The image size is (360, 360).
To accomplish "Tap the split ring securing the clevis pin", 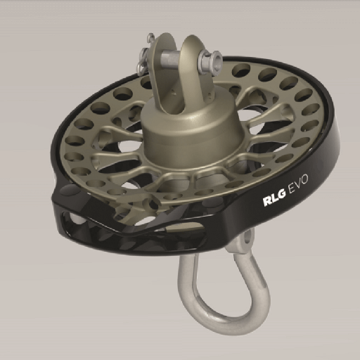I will click(x=145, y=58).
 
